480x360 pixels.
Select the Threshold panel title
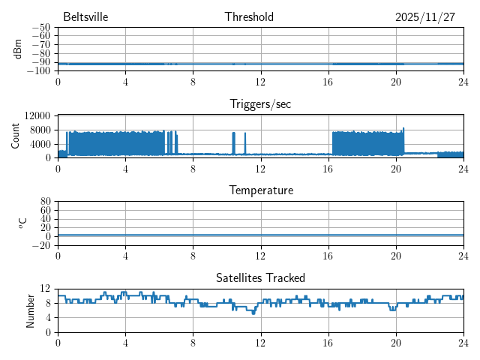pos(249,17)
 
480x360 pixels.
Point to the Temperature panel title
pos(261,190)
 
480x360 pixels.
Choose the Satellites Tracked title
pos(260,277)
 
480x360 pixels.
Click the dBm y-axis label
pos(18,49)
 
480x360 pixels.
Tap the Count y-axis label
pos(16,136)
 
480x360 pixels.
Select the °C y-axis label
pos(22,223)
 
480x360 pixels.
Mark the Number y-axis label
pos(31,310)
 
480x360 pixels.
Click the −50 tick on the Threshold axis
pos(41,28)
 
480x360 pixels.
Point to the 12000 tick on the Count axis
pos(37,115)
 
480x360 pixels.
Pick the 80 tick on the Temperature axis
pos(45,202)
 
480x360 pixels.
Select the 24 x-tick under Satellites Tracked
pos(463,342)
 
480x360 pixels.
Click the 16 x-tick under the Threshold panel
pos(328,81)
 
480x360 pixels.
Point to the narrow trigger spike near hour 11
pos(245,142)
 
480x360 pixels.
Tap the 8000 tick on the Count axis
pos(39,130)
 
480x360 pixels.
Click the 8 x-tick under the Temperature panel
pos(193,255)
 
